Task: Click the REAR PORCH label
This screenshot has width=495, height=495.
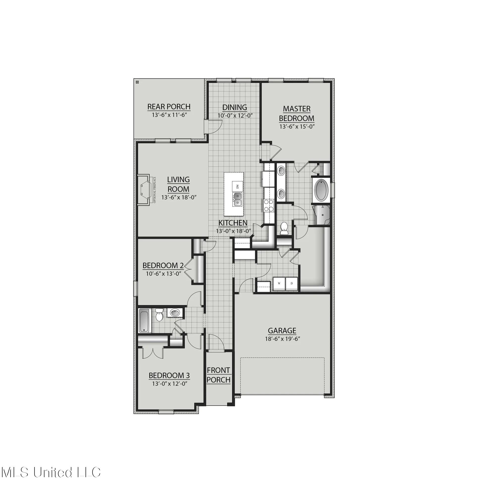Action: (169, 107)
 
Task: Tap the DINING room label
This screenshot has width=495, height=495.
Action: (234, 107)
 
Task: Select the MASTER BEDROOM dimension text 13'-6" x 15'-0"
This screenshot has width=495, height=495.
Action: (297, 126)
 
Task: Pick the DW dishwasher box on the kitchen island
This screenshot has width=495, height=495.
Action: (237, 186)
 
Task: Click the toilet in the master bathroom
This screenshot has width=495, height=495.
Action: (284, 228)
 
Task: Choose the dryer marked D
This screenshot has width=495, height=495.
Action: (291, 284)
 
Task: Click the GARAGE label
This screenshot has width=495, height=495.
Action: (282, 331)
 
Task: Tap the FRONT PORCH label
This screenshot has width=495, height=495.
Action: (219, 375)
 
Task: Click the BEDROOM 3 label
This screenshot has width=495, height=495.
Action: (169, 376)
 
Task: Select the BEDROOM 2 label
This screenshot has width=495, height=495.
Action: (163, 265)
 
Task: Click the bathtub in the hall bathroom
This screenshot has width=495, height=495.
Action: (145, 321)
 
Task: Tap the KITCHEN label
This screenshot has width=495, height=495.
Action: (233, 223)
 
